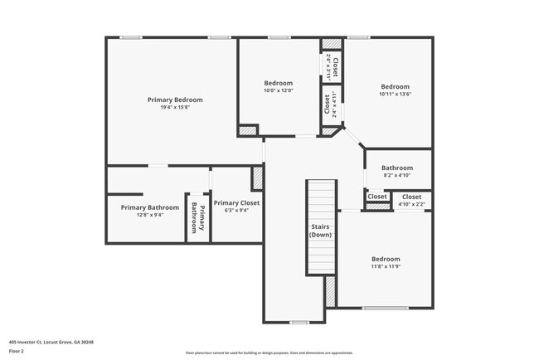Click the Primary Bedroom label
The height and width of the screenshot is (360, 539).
(x=175, y=100)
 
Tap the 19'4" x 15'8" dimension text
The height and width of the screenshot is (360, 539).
(x=175, y=107)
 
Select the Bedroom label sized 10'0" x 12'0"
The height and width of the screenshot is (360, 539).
(x=278, y=83)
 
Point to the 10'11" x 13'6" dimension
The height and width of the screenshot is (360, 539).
(x=395, y=94)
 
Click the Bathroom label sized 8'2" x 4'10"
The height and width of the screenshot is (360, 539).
(x=396, y=168)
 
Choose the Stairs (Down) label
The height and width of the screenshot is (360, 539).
(x=321, y=231)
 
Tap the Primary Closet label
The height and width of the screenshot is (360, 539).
(x=236, y=202)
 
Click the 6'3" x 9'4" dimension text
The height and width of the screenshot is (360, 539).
(x=236, y=210)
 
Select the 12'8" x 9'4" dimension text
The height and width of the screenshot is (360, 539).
(x=149, y=215)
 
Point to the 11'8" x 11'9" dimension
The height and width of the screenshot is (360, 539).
(x=386, y=266)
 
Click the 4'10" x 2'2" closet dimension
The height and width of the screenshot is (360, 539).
(x=411, y=204)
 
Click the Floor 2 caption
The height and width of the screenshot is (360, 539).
(x=17, y=351)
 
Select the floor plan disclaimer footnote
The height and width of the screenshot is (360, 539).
(x=269, y=353)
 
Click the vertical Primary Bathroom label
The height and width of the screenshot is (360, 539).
(x=197, y=217)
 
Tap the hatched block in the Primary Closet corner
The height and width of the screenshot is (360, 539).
(x=257, y=178)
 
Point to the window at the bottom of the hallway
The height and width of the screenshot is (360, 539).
(x=299, y=322)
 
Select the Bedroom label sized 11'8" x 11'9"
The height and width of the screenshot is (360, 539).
(x=386, y=259)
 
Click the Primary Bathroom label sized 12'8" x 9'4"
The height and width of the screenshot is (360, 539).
(x=149, y=207)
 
